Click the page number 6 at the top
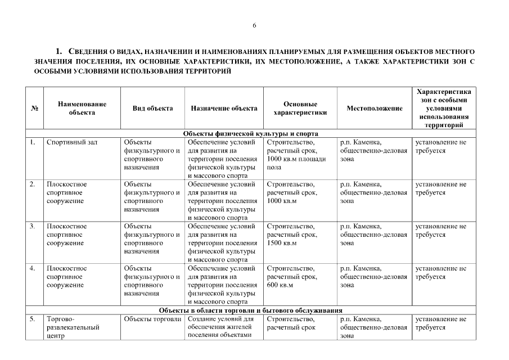click(x=254, y=26)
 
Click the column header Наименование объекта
click(x=82, y=108)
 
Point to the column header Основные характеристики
click(x=300, y=108)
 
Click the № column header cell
click(x=34, y=109)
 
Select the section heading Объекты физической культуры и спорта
click(x=251, y=134)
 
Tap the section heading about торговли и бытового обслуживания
click(x=251, y=310)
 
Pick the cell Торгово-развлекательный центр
click(x=73, y=327)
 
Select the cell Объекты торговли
click(x=149, y=319)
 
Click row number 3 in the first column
click(x=33, y=227)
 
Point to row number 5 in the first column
click(x=33, y=319)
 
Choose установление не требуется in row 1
click(x=441, y=147)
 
